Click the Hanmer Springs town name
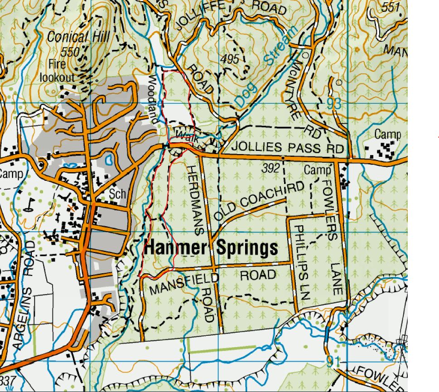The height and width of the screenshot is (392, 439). tap(211, 248)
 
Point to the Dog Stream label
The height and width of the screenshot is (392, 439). tap(267, 68)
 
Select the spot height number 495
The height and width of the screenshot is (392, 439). tap(230, 59)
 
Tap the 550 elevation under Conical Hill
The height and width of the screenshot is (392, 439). tap(70, 52)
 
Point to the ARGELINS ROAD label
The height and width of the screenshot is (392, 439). tap(23, 295)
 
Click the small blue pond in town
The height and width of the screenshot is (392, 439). tap(109, 160)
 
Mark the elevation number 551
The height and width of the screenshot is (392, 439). tap(391, 8)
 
